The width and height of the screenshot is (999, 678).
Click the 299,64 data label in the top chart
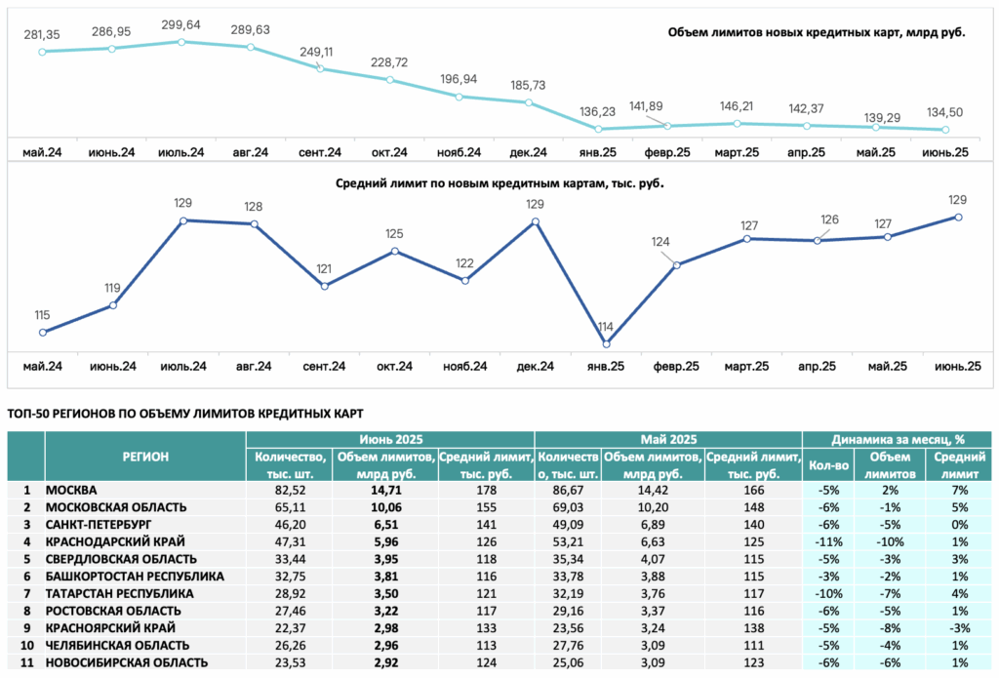point(180,24)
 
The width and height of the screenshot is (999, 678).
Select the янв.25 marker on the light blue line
point(598,130)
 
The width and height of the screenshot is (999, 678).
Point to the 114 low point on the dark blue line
point(607,344)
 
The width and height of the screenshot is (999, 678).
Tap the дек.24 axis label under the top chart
point(528,152)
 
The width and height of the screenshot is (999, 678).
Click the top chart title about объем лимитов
point(817,32)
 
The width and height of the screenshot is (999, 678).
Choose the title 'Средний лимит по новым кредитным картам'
point(499,183)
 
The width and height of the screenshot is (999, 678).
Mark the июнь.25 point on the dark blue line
point(958,218)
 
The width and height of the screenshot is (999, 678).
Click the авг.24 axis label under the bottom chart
point(254,367)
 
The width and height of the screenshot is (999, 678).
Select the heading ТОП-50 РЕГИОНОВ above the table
point(185,415)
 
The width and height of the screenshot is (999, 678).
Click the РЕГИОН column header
point(145,457)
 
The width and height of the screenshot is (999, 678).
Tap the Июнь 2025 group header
point(390,440)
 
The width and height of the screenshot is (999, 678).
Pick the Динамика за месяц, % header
point(898,440)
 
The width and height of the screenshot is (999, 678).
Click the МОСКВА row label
point(71,491)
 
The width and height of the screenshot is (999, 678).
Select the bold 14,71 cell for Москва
point(386,491)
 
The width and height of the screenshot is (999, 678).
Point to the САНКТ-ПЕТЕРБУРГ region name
point(99,525)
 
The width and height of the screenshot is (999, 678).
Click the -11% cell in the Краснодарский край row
point(828,542)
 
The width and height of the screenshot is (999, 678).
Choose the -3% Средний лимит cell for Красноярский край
point(960,628)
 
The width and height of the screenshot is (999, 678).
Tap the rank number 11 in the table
point(26,662)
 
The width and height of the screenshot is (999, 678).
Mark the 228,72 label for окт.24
point(389,62)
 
